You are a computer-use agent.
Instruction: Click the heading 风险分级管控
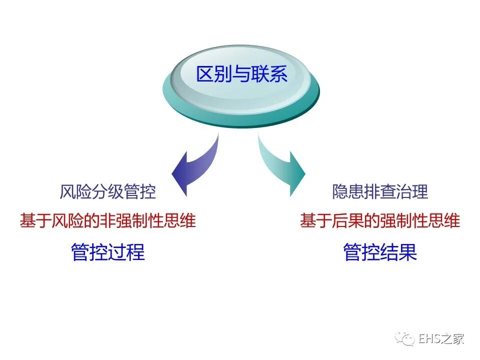[x=107, y=191]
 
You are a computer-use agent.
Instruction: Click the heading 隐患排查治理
[x=380, y=191]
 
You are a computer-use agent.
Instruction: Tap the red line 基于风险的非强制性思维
[x=107, y=220]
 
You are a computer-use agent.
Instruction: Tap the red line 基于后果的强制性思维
[x=380, y=220]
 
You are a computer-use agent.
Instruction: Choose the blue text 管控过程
[x=107, y=252]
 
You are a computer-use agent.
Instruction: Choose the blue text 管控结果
[x=380, y=252]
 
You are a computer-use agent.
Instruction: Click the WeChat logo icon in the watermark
[x=405, y=339]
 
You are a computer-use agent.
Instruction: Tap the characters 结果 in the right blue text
[x=398, y=252]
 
